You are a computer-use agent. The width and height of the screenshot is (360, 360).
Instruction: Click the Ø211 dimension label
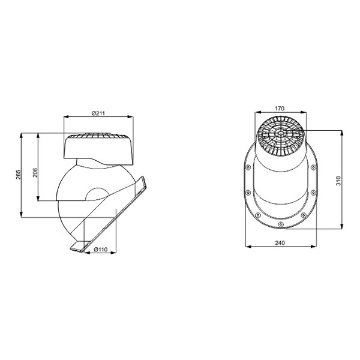[x=98, y=113]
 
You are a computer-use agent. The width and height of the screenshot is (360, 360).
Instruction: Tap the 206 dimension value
[x=35, y=172]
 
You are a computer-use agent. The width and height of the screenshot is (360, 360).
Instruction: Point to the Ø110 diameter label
[x=101, y=250]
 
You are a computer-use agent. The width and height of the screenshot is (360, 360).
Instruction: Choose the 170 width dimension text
[x=280, y=108]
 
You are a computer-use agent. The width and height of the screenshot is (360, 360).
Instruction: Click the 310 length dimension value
[x=338, y=181]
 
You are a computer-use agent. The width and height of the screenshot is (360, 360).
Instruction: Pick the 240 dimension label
[x=280, y=242]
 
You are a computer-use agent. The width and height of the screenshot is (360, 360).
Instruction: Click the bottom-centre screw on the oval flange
[x=280, y=224]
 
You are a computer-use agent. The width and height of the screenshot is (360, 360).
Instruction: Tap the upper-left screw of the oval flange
[x=248, y=167]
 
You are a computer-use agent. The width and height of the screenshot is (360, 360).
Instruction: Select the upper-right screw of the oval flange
[x=313, y=167]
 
